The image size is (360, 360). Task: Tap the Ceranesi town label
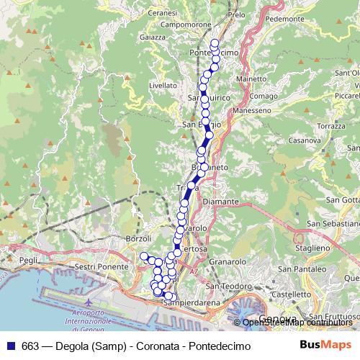(x=162, y=13)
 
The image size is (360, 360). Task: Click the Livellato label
(x=163, y=84)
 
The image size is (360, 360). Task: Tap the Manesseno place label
(x=253, y=111)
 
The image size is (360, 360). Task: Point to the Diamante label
(x=220, y=202)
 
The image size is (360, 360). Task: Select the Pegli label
(x=29, y=260)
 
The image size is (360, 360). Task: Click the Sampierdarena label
(x=189, y=303)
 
